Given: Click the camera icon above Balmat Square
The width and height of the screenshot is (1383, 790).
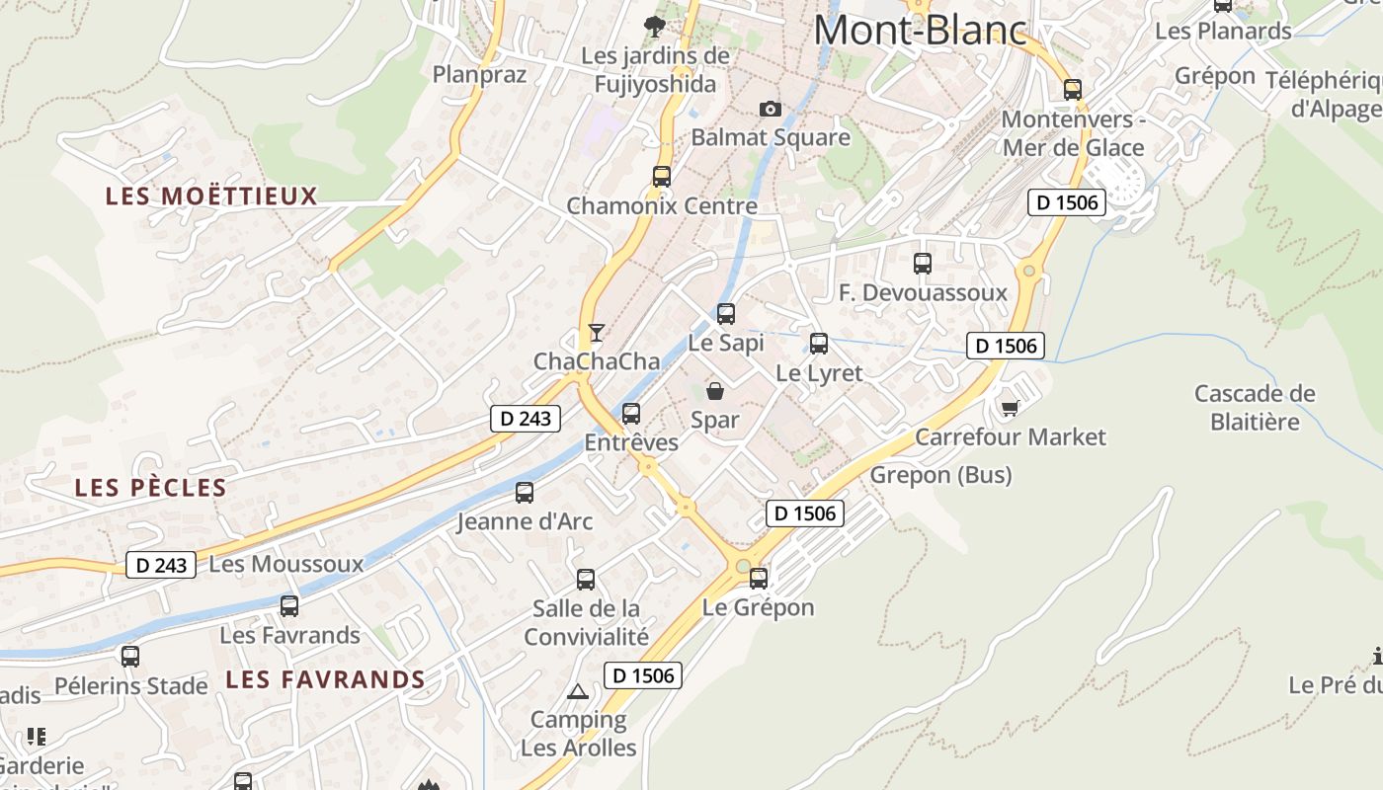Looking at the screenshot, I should tap(771, 109).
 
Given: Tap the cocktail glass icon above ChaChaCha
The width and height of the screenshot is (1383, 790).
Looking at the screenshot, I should tap(597, 332).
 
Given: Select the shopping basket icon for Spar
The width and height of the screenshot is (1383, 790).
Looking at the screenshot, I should tap(715, 391).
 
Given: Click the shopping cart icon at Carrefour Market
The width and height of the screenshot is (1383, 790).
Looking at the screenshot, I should tap(1010, 407).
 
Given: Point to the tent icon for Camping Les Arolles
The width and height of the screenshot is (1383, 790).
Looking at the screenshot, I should tap(578, 691).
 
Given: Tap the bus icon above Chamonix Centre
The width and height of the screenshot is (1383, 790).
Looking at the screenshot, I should tap(662, 177).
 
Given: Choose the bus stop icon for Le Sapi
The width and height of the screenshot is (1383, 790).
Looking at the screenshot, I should tap(726, 314).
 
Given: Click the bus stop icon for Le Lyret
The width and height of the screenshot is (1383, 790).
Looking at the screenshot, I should tap(819, 344).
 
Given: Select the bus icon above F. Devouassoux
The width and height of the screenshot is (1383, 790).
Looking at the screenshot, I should tap(923, 264).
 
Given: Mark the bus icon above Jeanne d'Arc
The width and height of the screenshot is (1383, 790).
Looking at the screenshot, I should tap(525, 492).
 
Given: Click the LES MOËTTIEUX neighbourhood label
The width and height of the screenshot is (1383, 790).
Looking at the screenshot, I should tap(211, 197).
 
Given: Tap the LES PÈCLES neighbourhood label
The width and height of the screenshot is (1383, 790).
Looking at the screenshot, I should tap(151, 488).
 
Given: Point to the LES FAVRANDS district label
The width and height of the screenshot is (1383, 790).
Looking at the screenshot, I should tap(325, 679).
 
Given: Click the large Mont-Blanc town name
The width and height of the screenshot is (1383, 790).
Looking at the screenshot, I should tap(921, 30).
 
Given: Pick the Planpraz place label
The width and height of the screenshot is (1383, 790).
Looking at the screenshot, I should tap(480, 74).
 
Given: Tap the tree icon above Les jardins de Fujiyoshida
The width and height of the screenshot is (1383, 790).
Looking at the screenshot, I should tap(654, 26).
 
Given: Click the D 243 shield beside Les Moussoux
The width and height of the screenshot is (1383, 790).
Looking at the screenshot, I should tap(161, 565).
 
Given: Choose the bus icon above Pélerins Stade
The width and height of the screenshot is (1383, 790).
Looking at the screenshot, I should tap(130, 656).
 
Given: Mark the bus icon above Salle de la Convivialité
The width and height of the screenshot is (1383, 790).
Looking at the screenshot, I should tap(586, 579).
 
